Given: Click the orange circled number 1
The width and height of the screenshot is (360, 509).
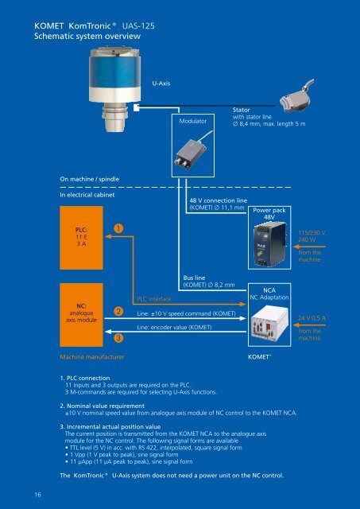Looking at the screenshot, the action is [x=118, y=228].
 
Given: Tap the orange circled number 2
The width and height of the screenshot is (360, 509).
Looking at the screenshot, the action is [x=118, y=311].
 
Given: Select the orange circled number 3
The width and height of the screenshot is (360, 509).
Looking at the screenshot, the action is [x=118, y=338].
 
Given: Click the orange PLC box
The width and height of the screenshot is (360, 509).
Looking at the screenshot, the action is [x=81, y=238].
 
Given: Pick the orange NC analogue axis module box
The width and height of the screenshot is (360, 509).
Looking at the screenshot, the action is [x=81, y=315].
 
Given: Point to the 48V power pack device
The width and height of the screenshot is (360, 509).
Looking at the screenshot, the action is [x=270, y=244].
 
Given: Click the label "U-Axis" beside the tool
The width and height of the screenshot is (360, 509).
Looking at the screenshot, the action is [x=161, y=84].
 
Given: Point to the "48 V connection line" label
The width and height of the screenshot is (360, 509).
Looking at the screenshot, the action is [x=219, y=200].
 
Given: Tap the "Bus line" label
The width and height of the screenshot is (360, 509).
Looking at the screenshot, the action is [x=194, y=278].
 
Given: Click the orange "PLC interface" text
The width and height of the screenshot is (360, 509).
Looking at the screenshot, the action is [x=154, y=299].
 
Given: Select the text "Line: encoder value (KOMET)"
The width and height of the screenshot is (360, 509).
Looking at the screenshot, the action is [x=174, y=327].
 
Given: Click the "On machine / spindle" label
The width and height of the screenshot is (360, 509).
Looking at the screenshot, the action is [x=89, y=179].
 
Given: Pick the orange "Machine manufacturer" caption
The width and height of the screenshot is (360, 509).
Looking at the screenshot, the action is [x=92, y=357].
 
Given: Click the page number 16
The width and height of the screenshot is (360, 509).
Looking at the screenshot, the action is [x=38, y=495].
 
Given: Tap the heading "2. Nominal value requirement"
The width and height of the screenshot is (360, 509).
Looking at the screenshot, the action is [x=103, y=406].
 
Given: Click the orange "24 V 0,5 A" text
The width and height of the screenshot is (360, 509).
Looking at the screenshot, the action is [x=312, y=318].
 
